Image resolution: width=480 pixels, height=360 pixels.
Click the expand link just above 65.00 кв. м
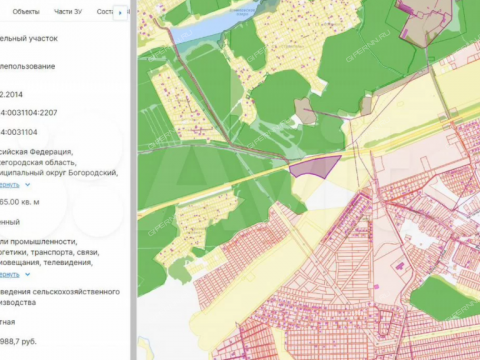pyautogui.click(x=12, y=184)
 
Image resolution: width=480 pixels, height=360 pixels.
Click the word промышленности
pyautogui.click(x=55, y=242)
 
